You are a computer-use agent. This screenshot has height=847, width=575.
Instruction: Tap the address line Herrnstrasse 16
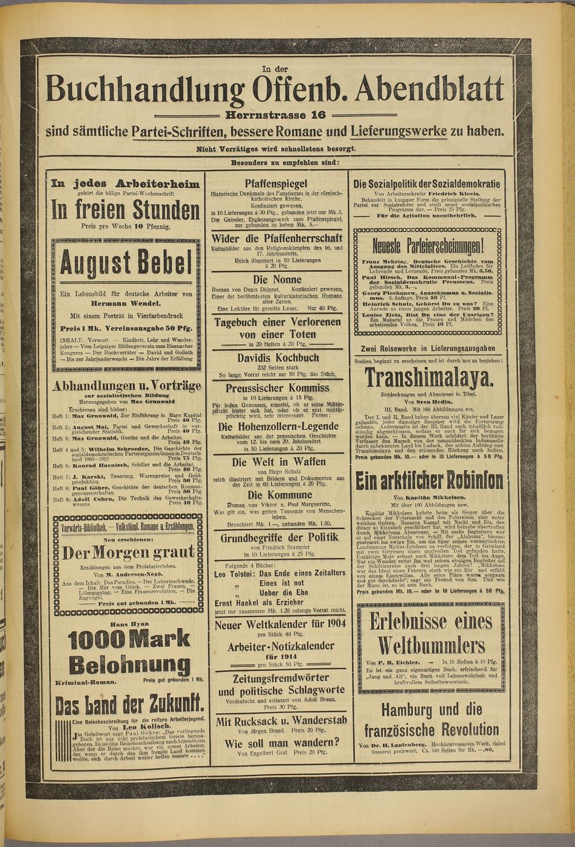[x=275, y=115]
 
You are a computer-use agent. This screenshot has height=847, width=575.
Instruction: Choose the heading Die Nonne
[x=277, y=279]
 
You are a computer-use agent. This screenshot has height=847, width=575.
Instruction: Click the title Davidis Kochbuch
[x=278, y=358]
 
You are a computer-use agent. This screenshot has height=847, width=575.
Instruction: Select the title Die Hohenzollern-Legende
[x=278, y=427]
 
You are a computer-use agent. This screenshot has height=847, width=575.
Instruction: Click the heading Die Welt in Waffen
[x=278, y=461]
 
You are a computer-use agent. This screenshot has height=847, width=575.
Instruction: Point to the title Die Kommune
[x=278, y=495]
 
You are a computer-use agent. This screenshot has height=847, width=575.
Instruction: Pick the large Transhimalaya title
[x=429, y=378]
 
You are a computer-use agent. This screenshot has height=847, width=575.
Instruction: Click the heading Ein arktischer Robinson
[x=429, y=481]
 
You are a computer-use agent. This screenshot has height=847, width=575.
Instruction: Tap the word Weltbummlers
[x=430, y=644]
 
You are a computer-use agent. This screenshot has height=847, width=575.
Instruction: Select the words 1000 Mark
[x=129, y=639]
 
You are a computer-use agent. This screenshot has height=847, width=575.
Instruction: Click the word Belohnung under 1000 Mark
[x=129, y=666]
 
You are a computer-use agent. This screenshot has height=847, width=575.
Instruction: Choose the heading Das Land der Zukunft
[x=130, y=704]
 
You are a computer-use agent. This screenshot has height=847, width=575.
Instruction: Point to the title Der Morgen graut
[x=128, y=553]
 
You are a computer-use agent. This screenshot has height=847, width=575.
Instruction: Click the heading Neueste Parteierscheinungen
[x=428, y=248]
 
